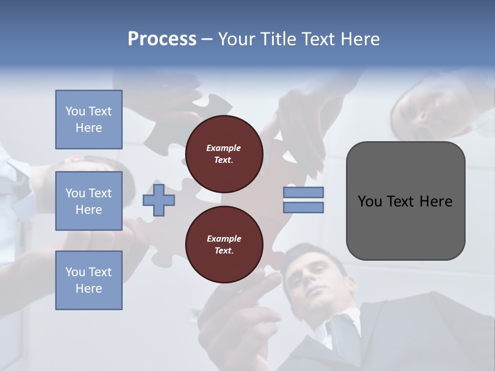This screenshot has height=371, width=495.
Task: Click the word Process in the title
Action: pos(162,39)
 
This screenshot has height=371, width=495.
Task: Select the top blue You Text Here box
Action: pos(89,120)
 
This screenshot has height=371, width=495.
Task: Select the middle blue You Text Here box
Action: pos(89,201)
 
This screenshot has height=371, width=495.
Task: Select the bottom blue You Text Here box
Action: pos(89,280)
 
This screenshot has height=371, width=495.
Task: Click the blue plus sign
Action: pos(159,200)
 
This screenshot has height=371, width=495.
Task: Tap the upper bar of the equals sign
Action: pos(303,192)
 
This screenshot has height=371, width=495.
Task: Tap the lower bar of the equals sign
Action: pos(303,207)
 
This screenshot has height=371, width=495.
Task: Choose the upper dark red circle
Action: pos(224,154)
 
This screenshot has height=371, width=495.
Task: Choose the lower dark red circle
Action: pos(224,245)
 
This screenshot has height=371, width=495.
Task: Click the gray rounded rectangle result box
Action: pos(405,227)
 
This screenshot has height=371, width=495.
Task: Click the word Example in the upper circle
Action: pos(223,148)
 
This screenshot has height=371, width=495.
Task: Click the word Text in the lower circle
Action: pos(223,251)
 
